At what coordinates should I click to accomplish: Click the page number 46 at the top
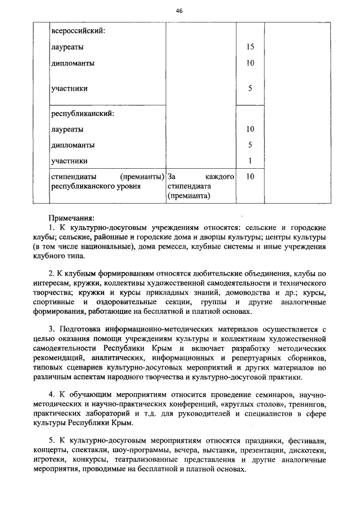pyautogui.click(x=179, y=11)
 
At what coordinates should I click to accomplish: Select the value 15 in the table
pyautogui.click(x=250, y=47)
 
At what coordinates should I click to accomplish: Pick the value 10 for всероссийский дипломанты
pyautogui.click(x=250, y=63)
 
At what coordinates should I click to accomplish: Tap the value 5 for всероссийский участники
pyautogui.click(x=250, y=88)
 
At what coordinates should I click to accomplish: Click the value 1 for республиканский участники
pyautogui.click(x=250, y=161)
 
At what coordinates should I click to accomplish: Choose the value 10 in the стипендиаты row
pyautogui.click(x=250, y=177)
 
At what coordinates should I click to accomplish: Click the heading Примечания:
pyautogui.click(x=71, y=217)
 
